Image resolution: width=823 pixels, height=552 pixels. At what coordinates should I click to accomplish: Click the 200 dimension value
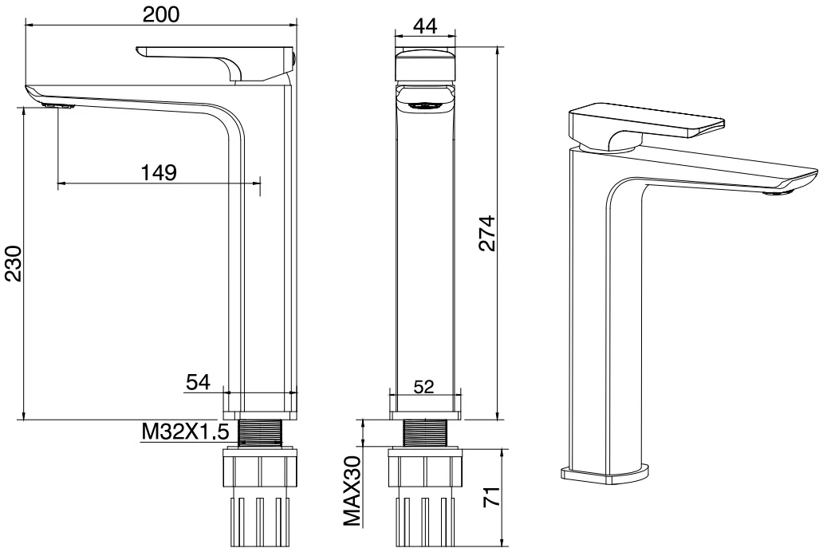tap(161, 14)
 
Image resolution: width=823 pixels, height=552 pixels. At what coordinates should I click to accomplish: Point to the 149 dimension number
tap(159, 172)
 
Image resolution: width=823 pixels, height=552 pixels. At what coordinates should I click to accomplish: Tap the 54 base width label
tap(198, 382)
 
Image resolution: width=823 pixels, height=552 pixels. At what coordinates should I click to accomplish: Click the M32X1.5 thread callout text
tap(185, 432)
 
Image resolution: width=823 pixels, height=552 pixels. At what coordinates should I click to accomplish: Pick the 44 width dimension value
tap(425, 26)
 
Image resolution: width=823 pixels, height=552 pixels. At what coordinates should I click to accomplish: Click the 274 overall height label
tap(486, 233)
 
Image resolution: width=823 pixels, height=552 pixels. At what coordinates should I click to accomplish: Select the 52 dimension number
tap(424, 387)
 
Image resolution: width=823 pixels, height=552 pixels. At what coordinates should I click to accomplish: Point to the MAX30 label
tap(352, 491)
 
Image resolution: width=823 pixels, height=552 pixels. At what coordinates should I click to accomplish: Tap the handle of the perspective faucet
tap(646, 125)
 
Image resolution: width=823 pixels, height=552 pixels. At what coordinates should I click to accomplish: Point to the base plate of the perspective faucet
tap(604, 473)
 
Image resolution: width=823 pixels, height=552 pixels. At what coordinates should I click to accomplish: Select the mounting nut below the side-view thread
tap(424, 468)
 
